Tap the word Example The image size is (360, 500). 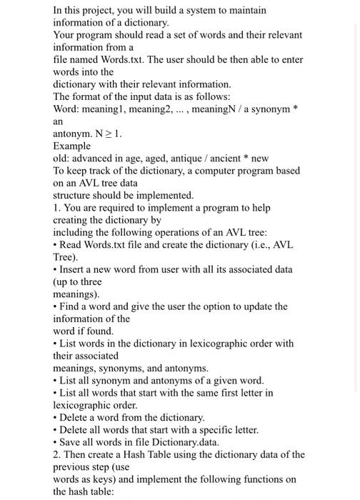74,146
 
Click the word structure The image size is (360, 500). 75,195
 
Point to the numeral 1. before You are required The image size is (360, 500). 57,208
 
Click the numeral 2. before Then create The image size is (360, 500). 57,455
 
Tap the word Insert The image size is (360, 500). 74,269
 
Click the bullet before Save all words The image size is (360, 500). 55,442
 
